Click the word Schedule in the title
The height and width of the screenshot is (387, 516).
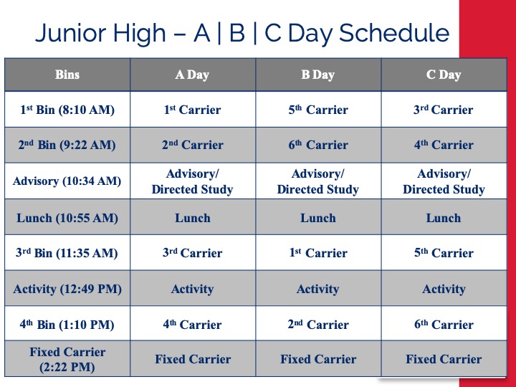click(394, 33)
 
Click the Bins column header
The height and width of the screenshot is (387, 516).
click(67, 75)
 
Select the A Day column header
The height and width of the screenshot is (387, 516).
click(192, 75)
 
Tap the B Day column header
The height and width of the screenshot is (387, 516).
click(318, 75)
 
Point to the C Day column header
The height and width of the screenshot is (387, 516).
click(444, 75)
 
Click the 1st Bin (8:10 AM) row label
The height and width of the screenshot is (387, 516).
click(67, 110)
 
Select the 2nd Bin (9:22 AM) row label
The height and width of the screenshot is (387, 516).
click(67, 145)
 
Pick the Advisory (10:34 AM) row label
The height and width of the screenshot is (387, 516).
click(67, 181)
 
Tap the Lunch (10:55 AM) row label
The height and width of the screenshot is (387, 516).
click(67, 218)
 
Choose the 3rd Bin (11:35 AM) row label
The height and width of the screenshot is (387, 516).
click(67, 253)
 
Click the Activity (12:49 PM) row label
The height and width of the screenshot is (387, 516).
click(67, 289)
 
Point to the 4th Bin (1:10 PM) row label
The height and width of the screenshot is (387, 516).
click(67, 325)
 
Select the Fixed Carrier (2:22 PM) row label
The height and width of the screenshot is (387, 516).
click(67, 359)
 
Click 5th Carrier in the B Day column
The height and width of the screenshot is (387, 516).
click(318, 110)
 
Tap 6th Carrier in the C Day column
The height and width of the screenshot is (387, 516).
click(444, 325)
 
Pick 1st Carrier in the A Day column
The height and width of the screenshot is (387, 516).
click(193, 110)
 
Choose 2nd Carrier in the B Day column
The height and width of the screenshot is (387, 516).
click(318, 325)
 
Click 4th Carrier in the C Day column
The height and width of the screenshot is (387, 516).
click(444, 145)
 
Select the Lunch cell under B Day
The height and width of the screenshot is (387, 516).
click(318, 218)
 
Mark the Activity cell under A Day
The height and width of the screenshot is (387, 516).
click(193, 289)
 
